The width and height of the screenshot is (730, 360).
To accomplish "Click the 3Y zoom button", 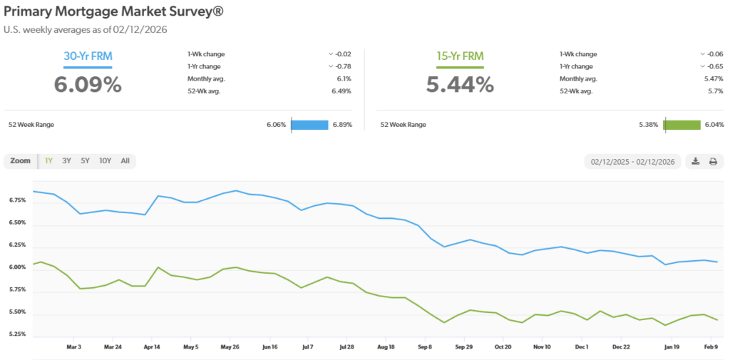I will tap(66, 161).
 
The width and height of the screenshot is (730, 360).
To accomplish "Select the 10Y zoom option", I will tap(105, 161).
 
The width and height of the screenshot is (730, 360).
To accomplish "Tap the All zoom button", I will tap(125, 161).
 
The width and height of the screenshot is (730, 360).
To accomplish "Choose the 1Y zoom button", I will tap(48, 161).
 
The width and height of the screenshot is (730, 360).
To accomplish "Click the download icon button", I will tap(696, 162).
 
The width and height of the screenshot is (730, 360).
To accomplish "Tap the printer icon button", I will tap(712, 162).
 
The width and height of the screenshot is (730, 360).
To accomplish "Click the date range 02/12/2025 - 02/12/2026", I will tap(632, 162).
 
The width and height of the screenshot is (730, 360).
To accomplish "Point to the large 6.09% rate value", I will tap(88, 85).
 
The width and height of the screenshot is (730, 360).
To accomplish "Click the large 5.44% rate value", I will tap(460, 85).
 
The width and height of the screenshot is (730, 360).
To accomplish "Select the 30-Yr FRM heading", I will tap(88, 56).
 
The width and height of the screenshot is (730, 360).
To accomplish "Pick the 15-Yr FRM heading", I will tap(460, 56).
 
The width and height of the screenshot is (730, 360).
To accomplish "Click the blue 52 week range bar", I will tap(309, 125).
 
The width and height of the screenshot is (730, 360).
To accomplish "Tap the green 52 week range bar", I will tap(682, 125).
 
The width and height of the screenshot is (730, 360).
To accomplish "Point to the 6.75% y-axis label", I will tap(19, 200).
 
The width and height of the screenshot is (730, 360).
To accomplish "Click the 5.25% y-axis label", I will tap(19, 334).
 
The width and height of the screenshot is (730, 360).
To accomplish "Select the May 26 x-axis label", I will tap(230, 347).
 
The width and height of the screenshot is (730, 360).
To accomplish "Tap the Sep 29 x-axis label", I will tap(463, 347).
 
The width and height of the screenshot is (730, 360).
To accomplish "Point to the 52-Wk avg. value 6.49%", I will tap(342, 91).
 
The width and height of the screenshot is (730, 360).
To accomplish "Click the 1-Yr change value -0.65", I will tap(714, 66).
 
